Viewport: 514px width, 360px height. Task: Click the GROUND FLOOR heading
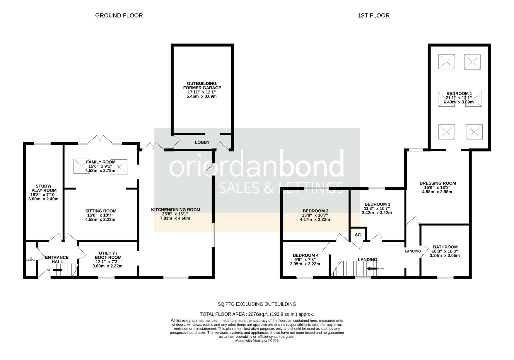[119, 15]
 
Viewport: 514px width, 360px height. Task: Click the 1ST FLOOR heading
[373, 15]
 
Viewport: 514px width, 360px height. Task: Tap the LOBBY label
[202, 142]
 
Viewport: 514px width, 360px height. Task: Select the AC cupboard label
[358, 235]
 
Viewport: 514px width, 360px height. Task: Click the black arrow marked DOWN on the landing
[371, 268]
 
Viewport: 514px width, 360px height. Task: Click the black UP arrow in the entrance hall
[57, 270]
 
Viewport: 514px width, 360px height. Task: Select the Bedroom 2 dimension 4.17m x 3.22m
[315, 220]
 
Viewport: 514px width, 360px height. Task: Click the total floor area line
[256, 314]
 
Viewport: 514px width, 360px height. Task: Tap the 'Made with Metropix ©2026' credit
[256, 341]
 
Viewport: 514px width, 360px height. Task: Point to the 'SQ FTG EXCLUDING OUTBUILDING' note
[256, 304]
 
